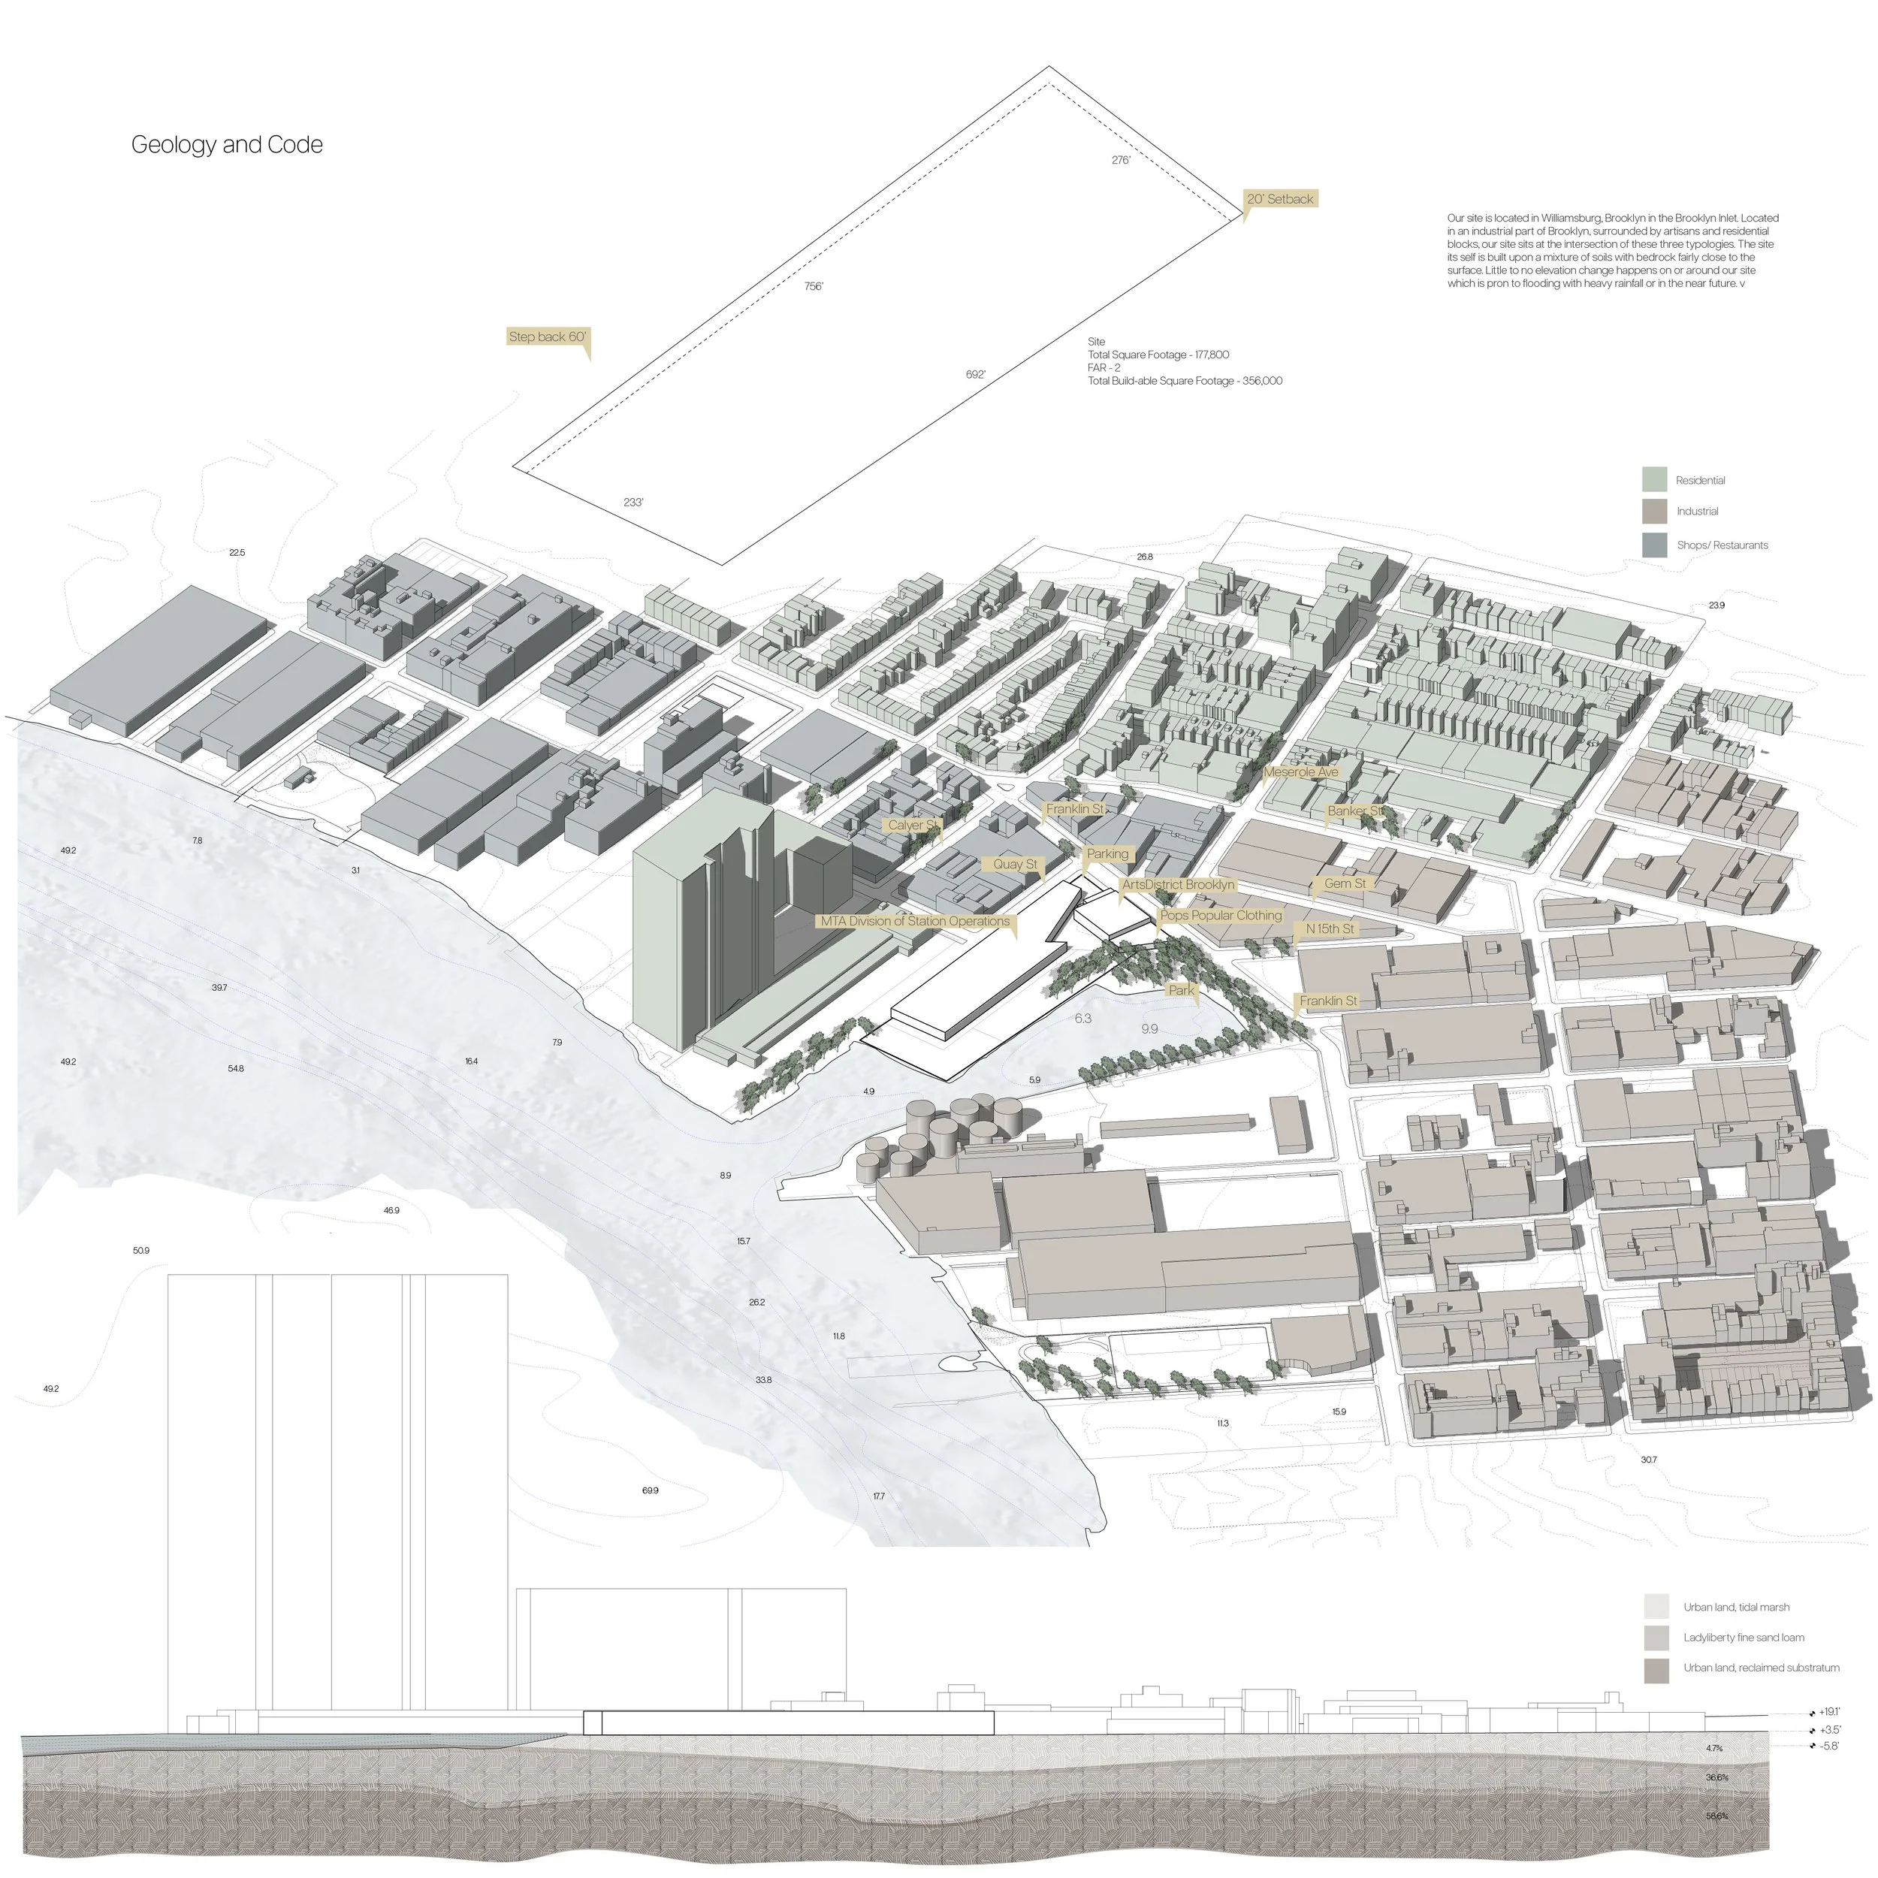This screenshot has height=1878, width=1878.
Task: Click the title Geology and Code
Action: (x=227, y=145)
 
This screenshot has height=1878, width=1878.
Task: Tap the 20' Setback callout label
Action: (x=1279, y=199)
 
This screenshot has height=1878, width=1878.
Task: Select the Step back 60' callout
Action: (x=548, y=337)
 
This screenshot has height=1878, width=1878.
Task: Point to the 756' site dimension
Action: (x=814, y=287)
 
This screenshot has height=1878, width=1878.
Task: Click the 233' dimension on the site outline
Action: (x=633, y=503)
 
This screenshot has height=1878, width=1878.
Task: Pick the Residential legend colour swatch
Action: (x=1654, y=479)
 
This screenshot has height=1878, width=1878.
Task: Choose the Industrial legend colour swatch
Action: (x=1654, y=512)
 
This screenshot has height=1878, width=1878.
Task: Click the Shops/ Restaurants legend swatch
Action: (x=1654, y=545)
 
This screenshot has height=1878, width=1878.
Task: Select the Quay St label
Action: (x=1015, y=864)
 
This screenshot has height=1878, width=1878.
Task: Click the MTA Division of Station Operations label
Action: (x=915, y=922)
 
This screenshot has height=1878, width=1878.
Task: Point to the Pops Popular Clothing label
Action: (x=1221, y=916)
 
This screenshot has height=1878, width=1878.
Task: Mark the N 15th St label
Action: (x=1329, y=929)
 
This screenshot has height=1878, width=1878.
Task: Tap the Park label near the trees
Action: (x=1181, y=991)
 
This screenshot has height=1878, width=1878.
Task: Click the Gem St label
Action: (x=1345, y=883)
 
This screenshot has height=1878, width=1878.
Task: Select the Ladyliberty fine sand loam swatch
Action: (x=1656, y=1638)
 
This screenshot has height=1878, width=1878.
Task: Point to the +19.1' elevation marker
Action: (x=1828, y=1712)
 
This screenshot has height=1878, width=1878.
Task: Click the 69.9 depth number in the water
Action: (x=651, y=1490)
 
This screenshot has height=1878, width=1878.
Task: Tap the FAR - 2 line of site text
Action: (x=1104, y=368)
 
